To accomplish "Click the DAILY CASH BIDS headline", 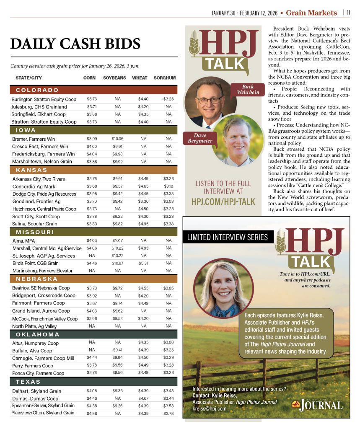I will point(75,44).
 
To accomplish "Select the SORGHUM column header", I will point(165,78).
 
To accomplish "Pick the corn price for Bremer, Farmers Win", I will point(91,139).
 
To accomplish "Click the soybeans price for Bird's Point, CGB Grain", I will point(118,263).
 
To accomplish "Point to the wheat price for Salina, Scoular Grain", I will point(143,224).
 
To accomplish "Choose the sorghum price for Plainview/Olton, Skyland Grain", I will point(168,413).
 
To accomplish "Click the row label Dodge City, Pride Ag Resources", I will point(44,194).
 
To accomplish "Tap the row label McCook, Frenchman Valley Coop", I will point(45,319).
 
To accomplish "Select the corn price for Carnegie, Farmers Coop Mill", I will point(91,358).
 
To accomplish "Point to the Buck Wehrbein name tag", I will point(247,90).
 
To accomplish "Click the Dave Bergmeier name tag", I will point(197,138).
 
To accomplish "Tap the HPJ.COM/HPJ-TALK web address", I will point(223,202).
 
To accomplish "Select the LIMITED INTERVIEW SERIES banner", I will point(228,238).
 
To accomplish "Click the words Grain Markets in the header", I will point(311,13).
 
